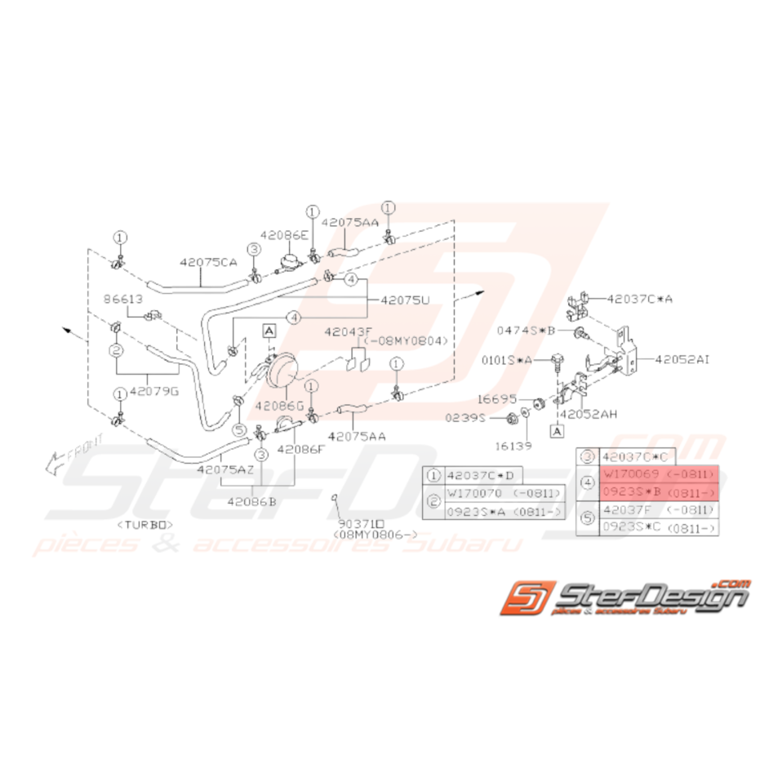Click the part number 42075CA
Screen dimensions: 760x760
[208, 263]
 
